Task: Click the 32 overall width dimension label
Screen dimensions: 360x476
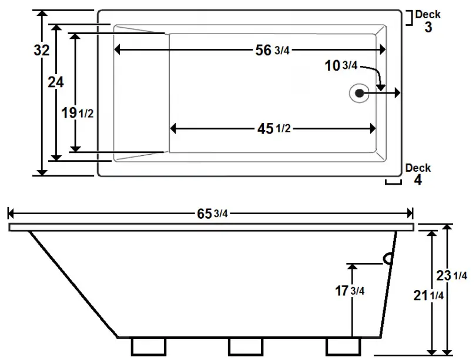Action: click(x=41, y=51)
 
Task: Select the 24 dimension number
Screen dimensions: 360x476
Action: click(x=56, y=83)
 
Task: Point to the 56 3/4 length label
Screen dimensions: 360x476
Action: click(x=272, y=51)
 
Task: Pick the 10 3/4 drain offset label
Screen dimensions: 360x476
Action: click(x=341, y=66)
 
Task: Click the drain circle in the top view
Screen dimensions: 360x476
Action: click(x=358, y=93)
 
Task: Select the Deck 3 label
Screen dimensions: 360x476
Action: click(x=428, y=21)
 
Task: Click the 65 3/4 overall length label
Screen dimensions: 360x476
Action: click(x=212, y=214)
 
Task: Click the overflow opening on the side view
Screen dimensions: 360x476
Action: click(x=388, y=258)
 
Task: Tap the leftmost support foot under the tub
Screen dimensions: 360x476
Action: click(x=145, y=346)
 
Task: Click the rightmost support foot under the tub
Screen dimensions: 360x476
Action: click(x=343, y=346)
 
